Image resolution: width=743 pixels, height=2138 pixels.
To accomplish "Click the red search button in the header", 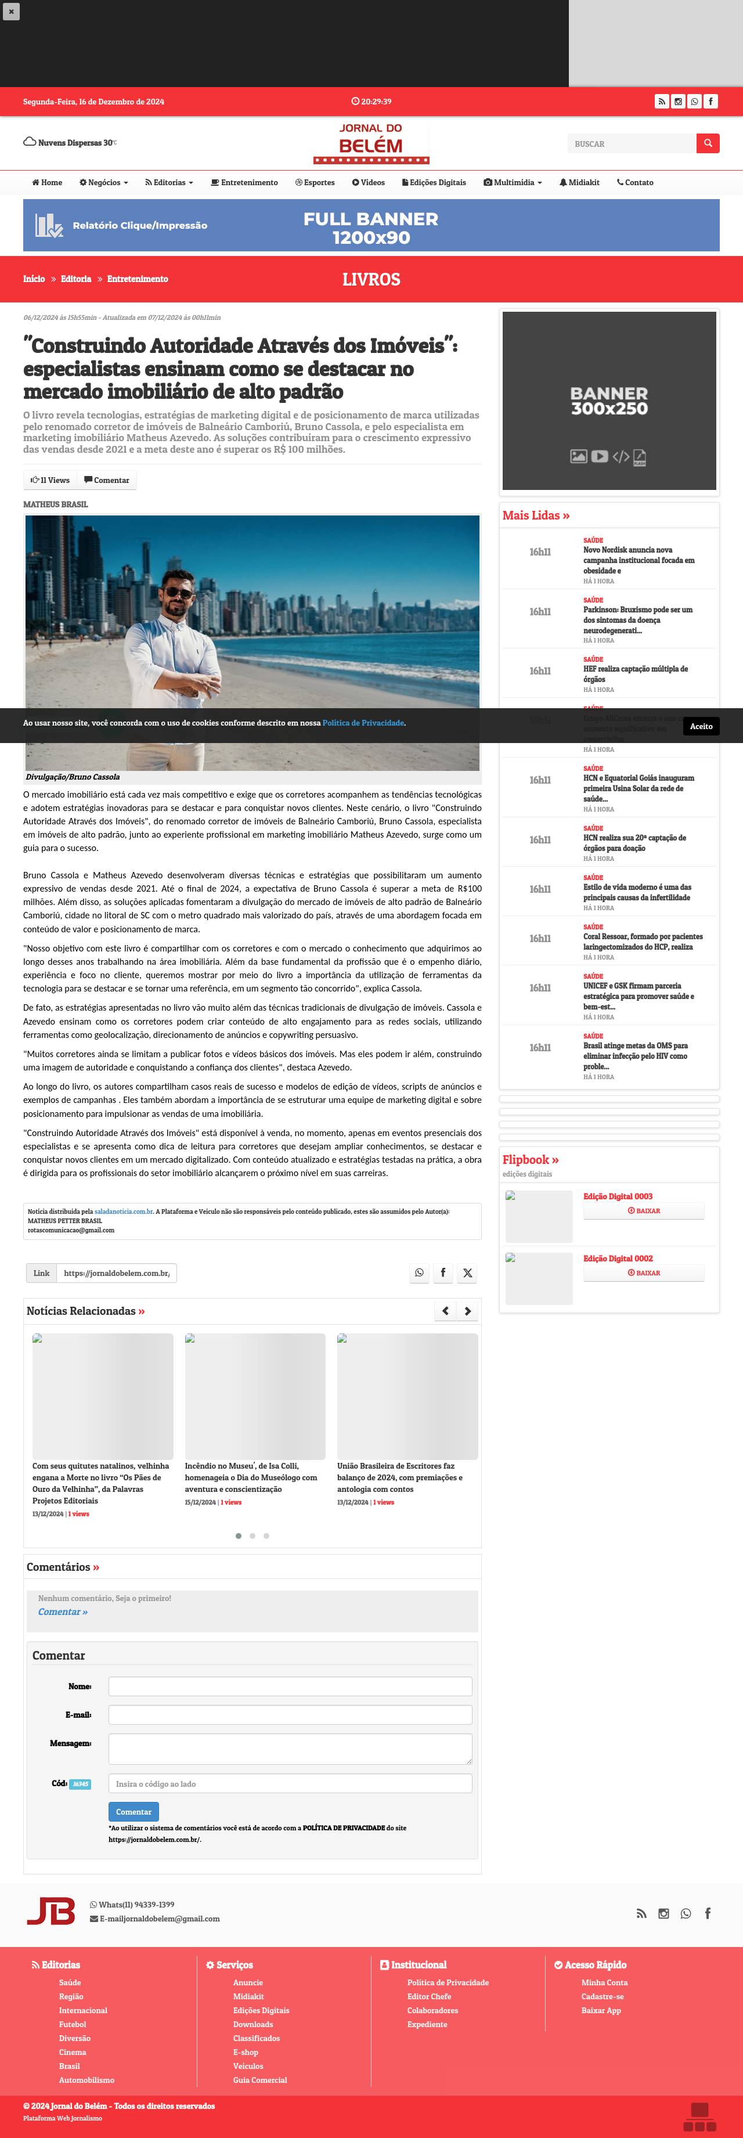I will [708, 143].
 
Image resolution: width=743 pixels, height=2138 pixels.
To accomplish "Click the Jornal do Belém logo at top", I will [371, 143].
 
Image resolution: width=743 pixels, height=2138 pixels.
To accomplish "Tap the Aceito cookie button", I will [701, 726].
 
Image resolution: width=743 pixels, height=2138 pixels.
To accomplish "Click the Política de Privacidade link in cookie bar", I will [363, 723].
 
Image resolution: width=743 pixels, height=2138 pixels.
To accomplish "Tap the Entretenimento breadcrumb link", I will [137, 279].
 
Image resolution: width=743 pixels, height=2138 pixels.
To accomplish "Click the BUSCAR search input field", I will [631, 143].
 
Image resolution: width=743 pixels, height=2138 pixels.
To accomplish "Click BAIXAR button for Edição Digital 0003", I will [643, 1211].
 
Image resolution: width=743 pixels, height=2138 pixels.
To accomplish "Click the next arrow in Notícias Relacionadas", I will [467, 1311].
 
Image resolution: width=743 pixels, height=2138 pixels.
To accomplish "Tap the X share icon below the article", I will [467, 1273].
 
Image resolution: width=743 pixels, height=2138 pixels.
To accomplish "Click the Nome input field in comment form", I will [290, 1686].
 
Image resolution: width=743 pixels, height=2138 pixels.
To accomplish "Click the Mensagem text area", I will [290, 1748].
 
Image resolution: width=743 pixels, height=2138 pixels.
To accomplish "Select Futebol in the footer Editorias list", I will [72, 2024].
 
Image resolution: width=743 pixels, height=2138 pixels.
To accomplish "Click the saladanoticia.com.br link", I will [124, 1212].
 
